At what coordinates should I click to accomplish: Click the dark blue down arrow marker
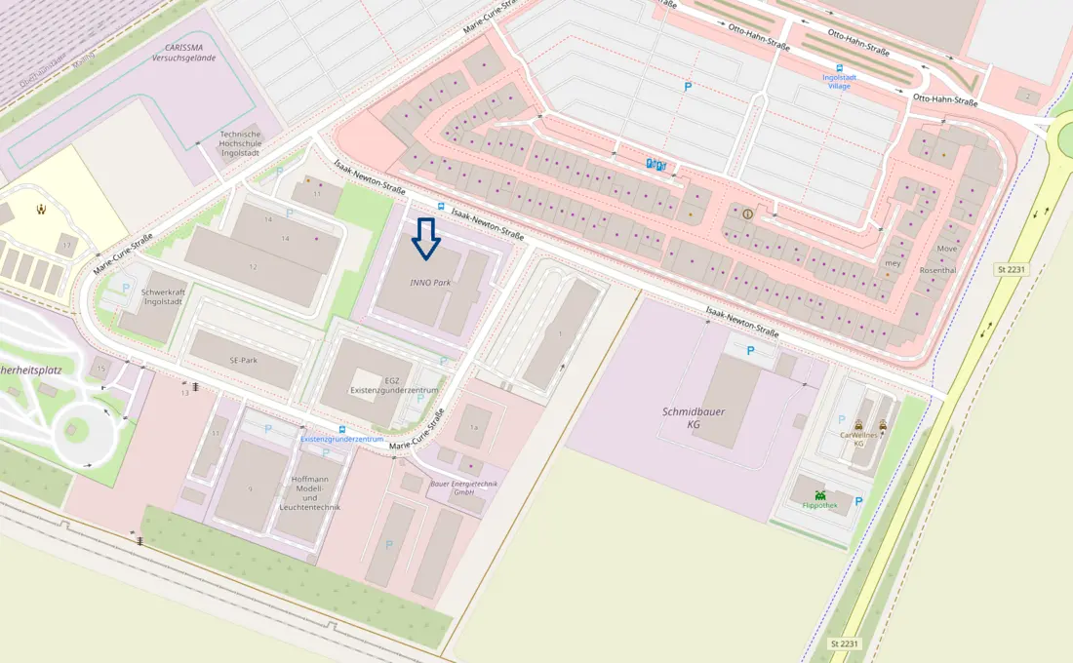[x=425, y=239]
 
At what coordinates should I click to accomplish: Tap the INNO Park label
[x=430, y=281]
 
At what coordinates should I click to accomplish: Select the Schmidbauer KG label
[x=694, y=418]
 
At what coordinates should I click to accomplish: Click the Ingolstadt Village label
[x=836, y=81]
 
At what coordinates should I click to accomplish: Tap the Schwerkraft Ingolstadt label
[x=163, y=297]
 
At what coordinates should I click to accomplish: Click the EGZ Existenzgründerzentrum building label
[x=394, y=385]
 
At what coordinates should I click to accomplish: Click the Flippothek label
[x=819, y=505]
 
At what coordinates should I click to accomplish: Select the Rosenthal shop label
[x=937, y=270]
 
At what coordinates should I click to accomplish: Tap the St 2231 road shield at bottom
[x=846, y=643]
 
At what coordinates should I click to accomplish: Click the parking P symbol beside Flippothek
[x=858, y=501]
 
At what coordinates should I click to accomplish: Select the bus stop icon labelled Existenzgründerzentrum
[x=341, y=429]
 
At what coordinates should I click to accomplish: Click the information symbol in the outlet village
[x=748, y=214]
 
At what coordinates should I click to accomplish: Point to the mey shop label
[x=892, y=263]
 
